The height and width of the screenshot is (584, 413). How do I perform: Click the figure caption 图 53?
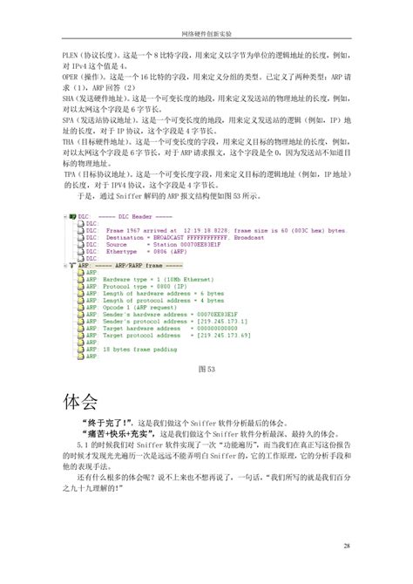[x=206, y=370]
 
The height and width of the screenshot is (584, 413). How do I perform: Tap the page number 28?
[x=347, y=545]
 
